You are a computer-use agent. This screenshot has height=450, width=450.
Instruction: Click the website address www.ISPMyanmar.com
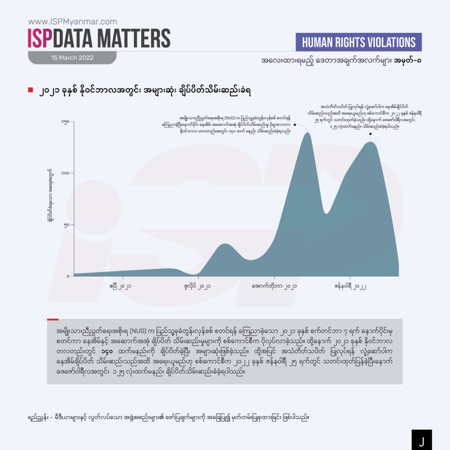[73, 21]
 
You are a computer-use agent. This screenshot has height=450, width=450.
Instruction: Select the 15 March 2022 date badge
[72, 58]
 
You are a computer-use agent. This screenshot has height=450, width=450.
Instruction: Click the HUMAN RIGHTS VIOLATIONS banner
[359, 42]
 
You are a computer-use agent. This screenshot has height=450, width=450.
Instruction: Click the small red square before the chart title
[30, 90]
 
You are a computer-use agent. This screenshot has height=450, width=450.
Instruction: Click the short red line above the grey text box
[52, 319]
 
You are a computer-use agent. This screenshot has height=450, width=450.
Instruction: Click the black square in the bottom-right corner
[421, 439]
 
